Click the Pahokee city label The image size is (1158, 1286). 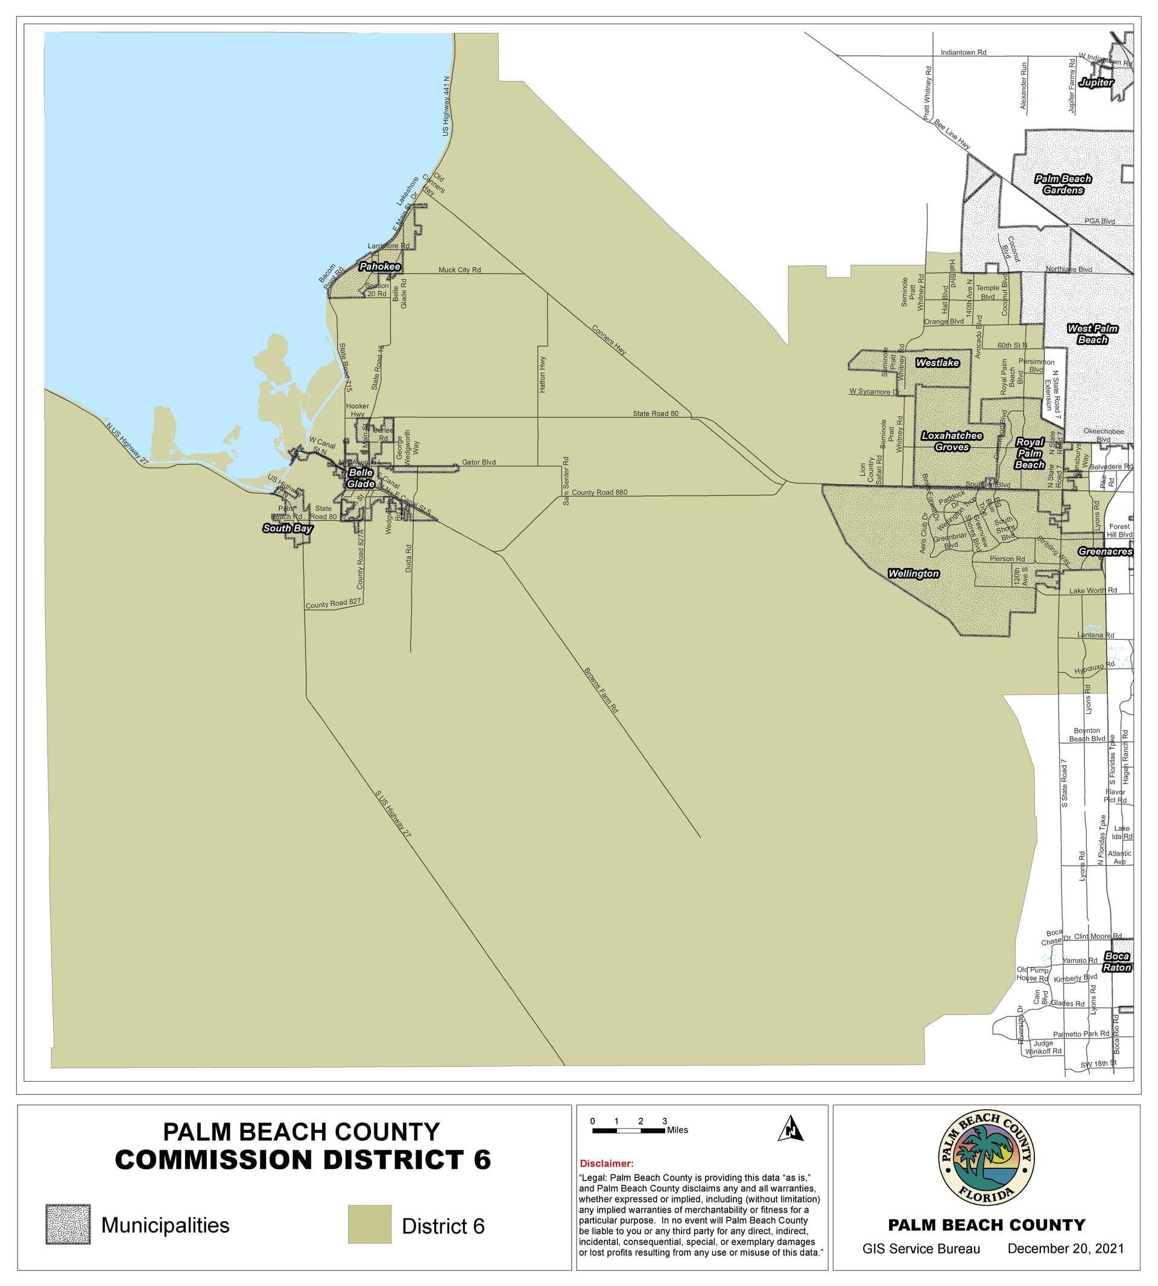pyautogui.click(x=380, y=266)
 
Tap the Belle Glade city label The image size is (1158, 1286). pyautogui.click(x=361, y=478)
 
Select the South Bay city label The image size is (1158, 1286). pyautogui.click(x=288, y=528)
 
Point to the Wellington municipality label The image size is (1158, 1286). pyautogui.click(x=914, y=574)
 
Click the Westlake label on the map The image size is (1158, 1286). pyautogui.click(x=937, y=362)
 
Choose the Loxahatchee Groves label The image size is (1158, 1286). pyautogui.click(x=952, y=441)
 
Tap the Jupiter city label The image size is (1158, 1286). pyautogui.click(x=1096, y=82)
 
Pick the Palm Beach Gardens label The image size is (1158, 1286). pyautogui.click(x=1063, y=184)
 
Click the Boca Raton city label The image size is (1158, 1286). pyautogui.click(x=1116, y=962)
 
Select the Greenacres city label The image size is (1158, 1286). pyautogui.click(x=1105, y=552)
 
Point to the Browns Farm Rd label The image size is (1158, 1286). pyautogui.click(x=601, y=690)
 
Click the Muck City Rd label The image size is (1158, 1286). pyautogui.click(x=460, y=269)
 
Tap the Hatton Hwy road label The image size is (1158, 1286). pyautogui.click(x=543, y=374)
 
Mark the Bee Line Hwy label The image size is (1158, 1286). pyautogui.click(x=952, y=134)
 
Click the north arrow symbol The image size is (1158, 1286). pyautogui.click(x=791, y=1128)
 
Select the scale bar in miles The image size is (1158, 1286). pyautogui.click(x=628, y=1130)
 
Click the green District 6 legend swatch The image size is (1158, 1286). pyautogui.click(x=369, y=1224)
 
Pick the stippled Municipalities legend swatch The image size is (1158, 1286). pyautogui.click(x=68, y=1224)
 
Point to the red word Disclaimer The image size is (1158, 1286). pyautogui.click(x=606, y=1163)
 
